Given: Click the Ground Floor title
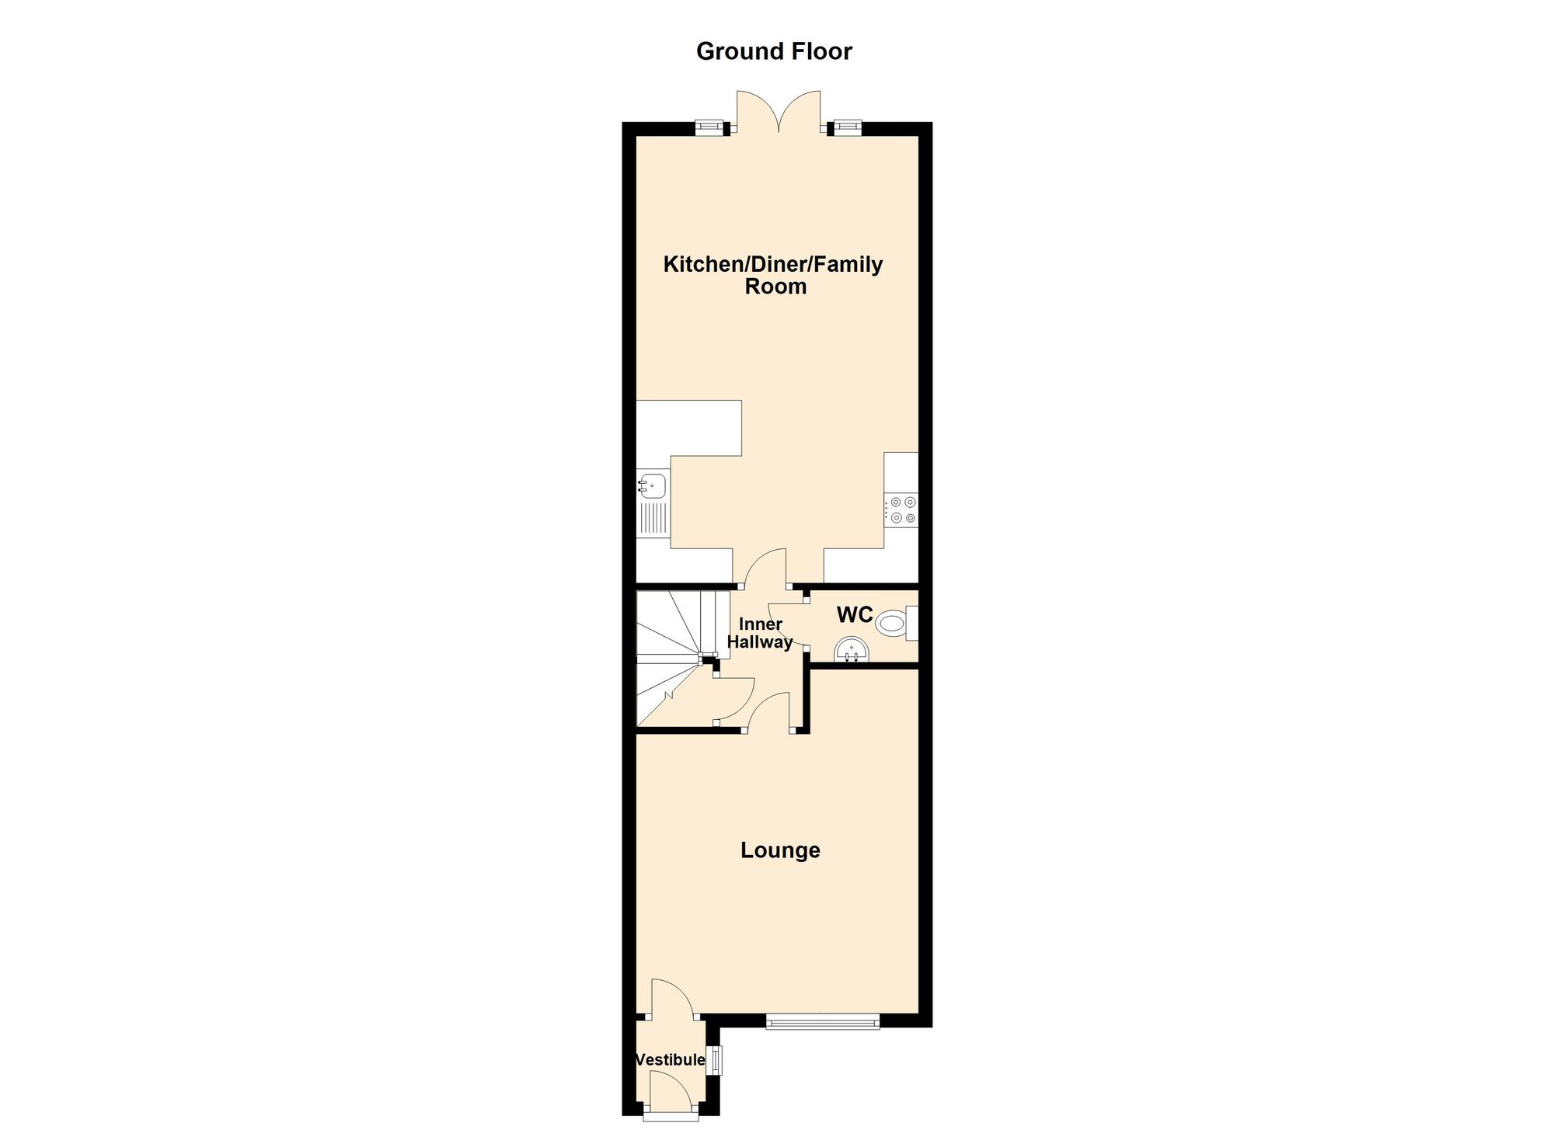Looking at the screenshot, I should [x=774, y=51].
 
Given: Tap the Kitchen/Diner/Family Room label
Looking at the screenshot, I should [x=773, y=275].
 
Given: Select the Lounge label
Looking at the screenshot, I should [x=780, y=850].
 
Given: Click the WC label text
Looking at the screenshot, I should [x=855, y=614].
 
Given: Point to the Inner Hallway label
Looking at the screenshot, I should [x=760, y=633].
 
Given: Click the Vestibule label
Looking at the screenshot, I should [x=670, y=1059].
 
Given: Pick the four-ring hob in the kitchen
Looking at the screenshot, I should [x=902, y=510].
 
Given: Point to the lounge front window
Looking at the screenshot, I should [x=822, y=1021].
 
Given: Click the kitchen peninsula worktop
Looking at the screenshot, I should [x=689, y=427].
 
